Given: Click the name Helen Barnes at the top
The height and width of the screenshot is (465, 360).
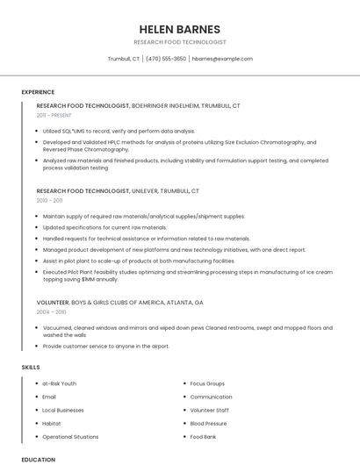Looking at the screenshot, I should coord(180,29).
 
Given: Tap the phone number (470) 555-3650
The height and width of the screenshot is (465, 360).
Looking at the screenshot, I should coord(166,59).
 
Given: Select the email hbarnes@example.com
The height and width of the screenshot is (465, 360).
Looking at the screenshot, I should coord(222,59).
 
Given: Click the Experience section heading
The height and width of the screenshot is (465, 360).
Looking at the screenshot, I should coord(38,92).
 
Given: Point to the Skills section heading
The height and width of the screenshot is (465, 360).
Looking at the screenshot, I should coord(31,367).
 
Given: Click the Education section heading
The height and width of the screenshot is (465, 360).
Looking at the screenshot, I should coord(38,459).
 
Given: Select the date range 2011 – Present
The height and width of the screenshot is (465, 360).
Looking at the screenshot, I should coord(54,115).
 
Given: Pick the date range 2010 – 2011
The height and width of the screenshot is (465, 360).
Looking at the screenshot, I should coord(49,200).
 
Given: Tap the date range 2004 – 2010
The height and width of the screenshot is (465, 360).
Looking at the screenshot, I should coord(51,311).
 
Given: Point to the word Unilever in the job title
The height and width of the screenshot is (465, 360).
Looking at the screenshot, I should coord(149,190).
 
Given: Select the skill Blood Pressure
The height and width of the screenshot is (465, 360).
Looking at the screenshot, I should coord(210,423).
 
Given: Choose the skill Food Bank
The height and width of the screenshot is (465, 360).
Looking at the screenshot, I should coord(203,436).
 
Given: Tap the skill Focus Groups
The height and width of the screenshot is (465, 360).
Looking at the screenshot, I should coord(207,383).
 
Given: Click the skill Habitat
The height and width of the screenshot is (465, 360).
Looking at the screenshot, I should coord(52,423).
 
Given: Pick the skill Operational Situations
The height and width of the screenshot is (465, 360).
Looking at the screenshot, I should coord(70,436).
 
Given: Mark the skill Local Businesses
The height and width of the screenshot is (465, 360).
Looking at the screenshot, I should coord(63,410).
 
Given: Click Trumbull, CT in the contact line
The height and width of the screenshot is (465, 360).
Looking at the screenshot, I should coord(123,59).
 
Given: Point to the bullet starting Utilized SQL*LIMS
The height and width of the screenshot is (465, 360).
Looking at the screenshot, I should coord(119,131).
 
